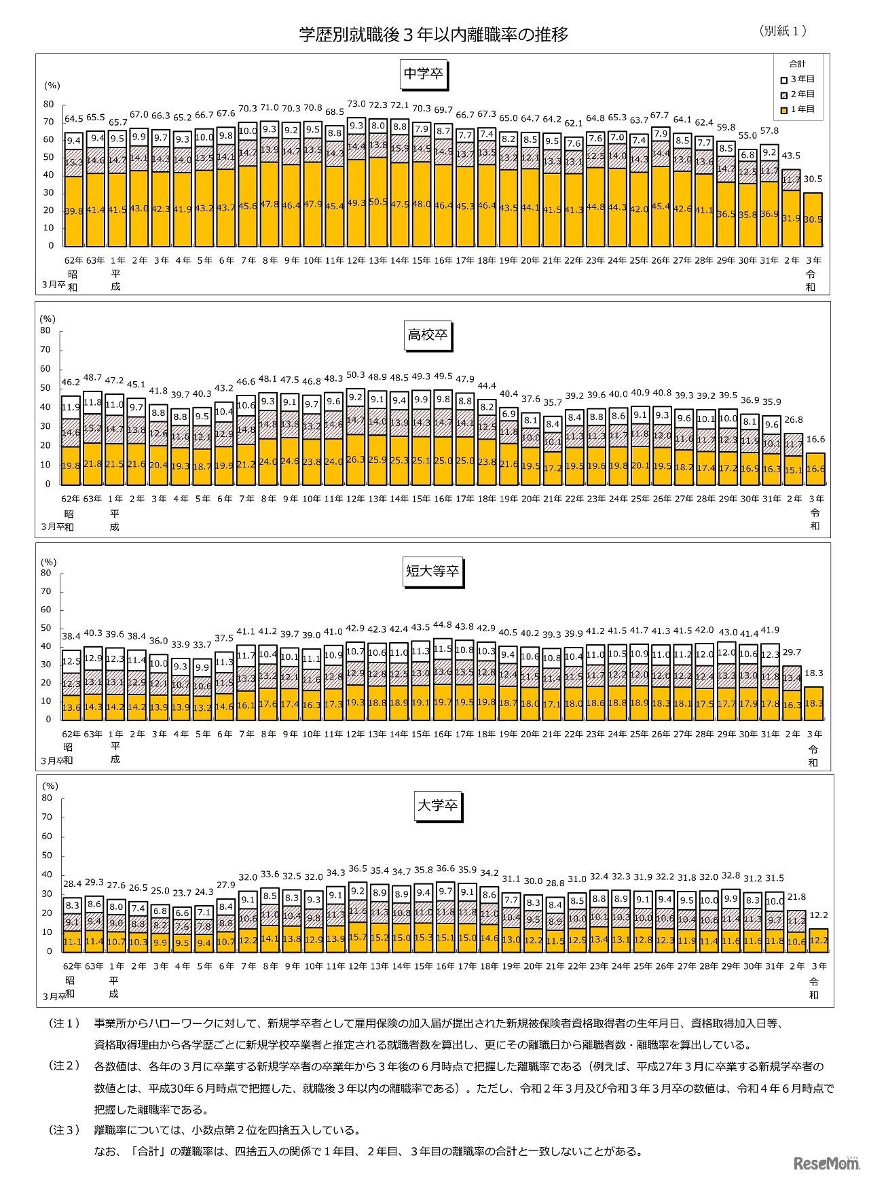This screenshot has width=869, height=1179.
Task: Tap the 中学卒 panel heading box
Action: (424, 74)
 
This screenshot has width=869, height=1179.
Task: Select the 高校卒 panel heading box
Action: (427, 335)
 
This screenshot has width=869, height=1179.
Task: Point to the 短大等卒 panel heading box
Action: (432, 571)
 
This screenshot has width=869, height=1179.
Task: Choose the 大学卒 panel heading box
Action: (437, 806)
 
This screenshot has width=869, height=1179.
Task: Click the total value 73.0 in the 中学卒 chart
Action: (356, 105)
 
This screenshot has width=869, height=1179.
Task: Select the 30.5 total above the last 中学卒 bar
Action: (813, 179)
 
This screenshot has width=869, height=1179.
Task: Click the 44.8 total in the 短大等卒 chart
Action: (443, 624)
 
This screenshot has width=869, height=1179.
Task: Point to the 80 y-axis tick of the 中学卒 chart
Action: (48, 104)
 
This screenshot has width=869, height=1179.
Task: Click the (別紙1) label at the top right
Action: (783, 31)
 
